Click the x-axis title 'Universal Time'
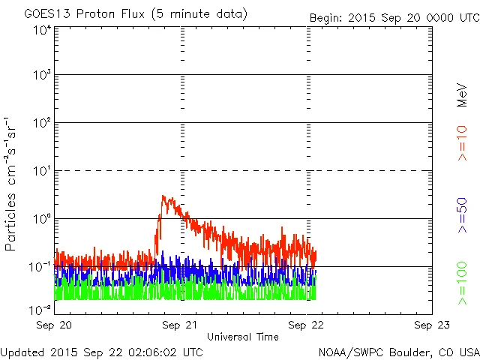pos(242,337)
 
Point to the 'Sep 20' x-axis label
pos(54,325)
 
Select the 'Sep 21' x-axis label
pos(179,325)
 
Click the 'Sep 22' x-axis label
pos(306,325)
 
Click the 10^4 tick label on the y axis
pos(42,30)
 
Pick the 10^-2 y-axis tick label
pos(40,308)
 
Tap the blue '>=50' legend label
pos(463,216)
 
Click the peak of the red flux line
pos(163,196)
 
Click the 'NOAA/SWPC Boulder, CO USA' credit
pos(398,351)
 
